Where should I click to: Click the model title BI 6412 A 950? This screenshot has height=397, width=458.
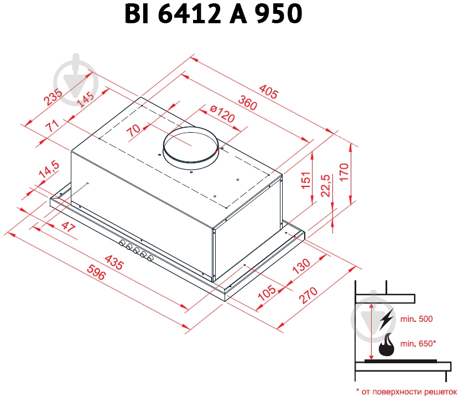pos(214,15)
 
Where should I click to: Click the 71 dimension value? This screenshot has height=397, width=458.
pos(53,126)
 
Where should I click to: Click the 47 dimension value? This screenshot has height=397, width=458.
pos(67,226)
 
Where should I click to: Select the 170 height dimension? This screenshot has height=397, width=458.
pos(343,173)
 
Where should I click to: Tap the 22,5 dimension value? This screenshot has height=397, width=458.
pos(325,185)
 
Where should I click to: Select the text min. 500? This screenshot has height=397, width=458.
pos(418,319)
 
